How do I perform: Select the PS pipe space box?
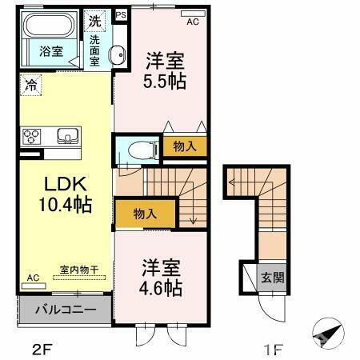(x=121, y=15)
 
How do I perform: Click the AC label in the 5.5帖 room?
(x=192, y=22)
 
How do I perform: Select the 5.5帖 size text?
(x=166, y=81)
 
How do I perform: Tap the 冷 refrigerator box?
(x=30, y=81)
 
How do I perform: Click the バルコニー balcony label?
(x=66, y=309)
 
